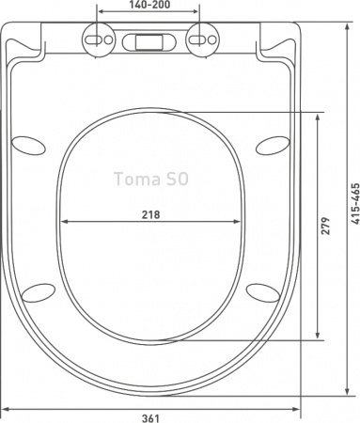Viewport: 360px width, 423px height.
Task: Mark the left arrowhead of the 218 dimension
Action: [x=65, y=223]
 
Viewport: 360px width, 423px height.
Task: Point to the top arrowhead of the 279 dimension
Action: [x=322, y=115]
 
